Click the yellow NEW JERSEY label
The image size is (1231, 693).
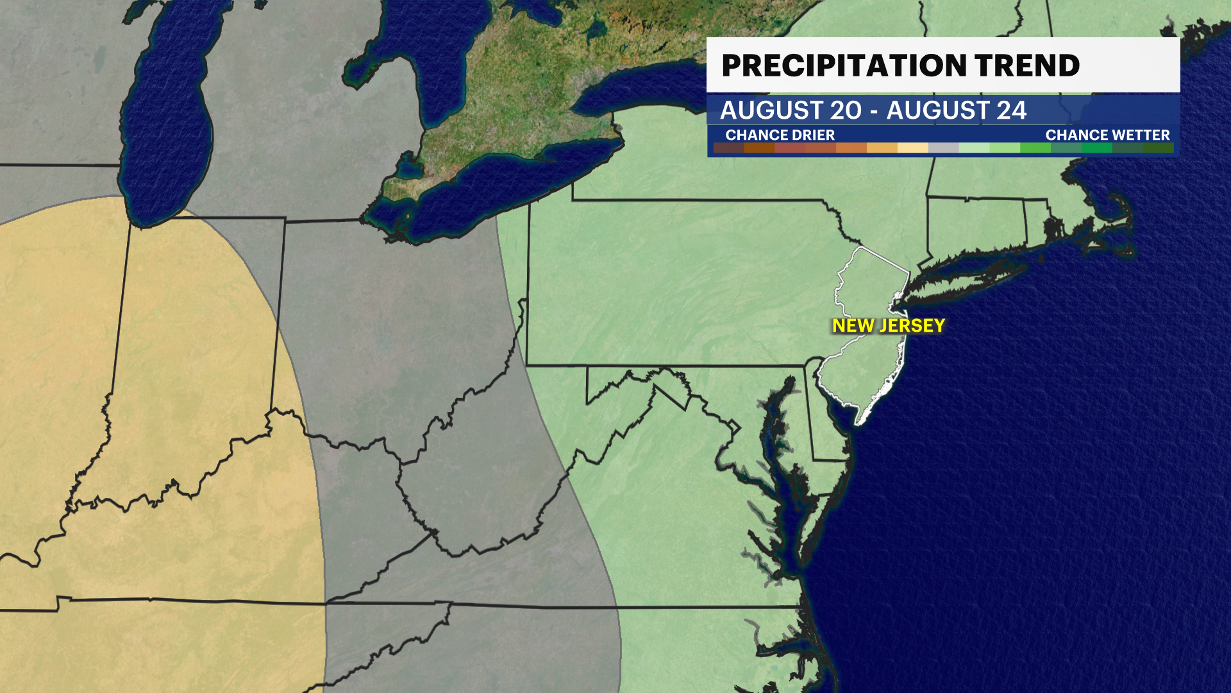pyautogui.click(x=888, y=326)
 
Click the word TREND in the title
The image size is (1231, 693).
pyautogui.click(x=1027, y=65)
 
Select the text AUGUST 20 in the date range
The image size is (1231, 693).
pyautogui.click(x=791, y=110)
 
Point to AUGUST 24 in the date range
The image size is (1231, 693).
pyautogui.click(x=957, y=110)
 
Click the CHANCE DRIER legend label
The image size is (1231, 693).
pyautogui.click(x=780, y=135)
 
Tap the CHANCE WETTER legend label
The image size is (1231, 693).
pyautogui.click(x=1107, y=135)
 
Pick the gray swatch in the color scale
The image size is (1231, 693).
pyautogui.click(x=943, y=148)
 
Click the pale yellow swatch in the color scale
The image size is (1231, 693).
pyautogui.click(x=912, y=148)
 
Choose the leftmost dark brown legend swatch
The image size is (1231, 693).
pyautogui.click(x=728, y=148)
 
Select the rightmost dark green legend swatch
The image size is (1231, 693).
pyautogui.click(x=1158, y=148)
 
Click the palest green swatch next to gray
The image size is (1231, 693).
pyautogui.click(x=974, y=148)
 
